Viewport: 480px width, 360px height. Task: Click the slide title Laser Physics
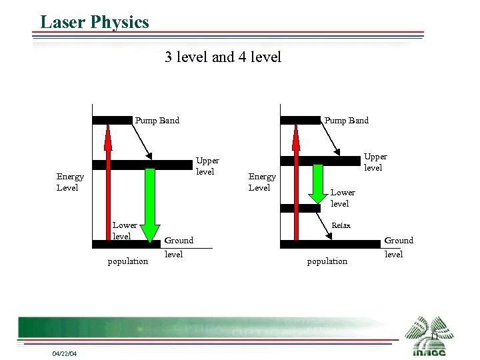[94, 22]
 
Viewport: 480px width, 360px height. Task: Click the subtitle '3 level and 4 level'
[223, 57]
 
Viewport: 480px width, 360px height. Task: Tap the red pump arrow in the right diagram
[297, 183]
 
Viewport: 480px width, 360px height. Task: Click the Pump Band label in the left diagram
[157, 121]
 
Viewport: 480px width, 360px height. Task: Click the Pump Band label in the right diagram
[346, 121]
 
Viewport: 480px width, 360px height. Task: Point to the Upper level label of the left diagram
[207, 166]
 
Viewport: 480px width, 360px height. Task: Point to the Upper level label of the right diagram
[375, 162]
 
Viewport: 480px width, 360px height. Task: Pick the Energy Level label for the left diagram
[70, 182]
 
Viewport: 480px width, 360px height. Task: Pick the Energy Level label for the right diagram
[261, 182]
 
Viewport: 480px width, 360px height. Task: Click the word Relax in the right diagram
[341, 225]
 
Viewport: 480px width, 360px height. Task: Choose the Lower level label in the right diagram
[342, 198]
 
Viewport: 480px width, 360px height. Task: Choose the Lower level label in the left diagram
[124, 231]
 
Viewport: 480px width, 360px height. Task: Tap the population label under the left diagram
[128, 261]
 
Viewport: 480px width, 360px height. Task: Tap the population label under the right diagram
[327, 261]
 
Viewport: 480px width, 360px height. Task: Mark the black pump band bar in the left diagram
[112, 121]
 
